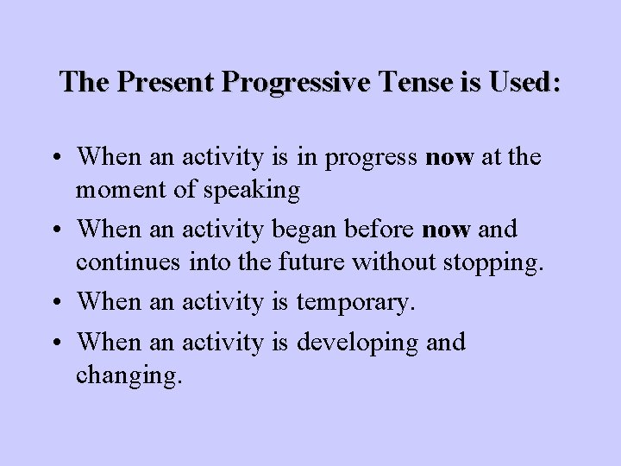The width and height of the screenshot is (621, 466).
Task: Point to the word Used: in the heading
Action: [x=522, y=82]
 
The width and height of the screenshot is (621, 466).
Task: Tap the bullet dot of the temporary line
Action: [x=64, y=303]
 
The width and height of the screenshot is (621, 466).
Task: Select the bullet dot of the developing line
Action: [x=64, y=343]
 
